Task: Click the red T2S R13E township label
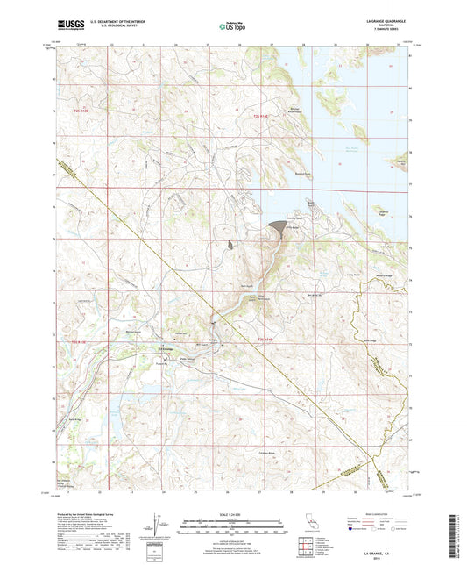pyautogui.click(x=82, y=111)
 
